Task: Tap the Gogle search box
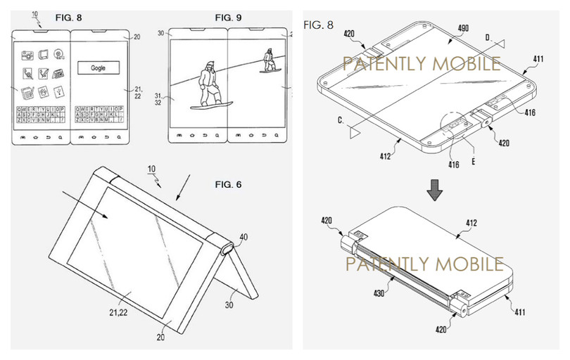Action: [x=102, y=68]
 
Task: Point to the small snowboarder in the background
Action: [x=268, y=60]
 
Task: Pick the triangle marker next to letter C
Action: [x=356, y=131]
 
